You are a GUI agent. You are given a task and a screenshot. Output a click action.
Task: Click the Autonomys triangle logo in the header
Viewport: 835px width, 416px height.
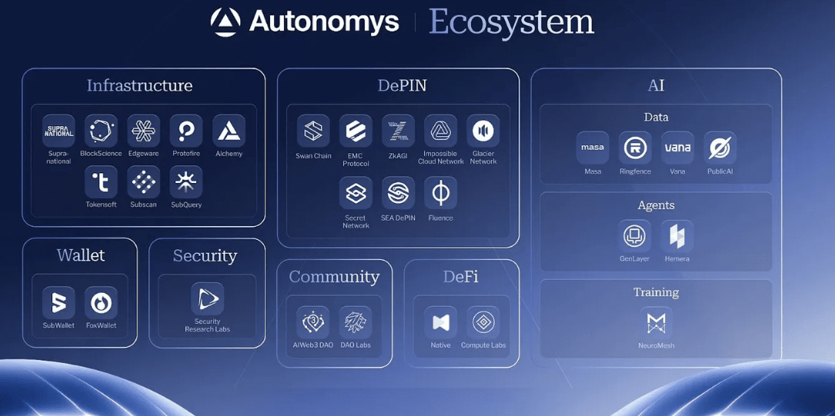click(x=225, y=22)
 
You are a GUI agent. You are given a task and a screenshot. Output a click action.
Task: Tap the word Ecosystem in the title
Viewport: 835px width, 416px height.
click(x=511, y=22)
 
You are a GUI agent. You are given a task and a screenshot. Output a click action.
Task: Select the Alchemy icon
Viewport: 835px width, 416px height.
click(x=229, y=131)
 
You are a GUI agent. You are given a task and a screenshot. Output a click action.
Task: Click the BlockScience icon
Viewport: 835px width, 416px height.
click(x=101, y=131)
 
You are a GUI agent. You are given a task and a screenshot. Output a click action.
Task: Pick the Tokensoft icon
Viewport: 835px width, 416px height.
click(x=101, y=182)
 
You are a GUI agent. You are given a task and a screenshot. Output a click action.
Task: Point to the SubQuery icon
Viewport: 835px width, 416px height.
click(x=186, y=182)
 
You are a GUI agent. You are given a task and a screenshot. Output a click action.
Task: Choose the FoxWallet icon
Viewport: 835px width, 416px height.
click(x=101, y=303)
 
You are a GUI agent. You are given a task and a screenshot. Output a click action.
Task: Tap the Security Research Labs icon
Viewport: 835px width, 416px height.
click(x=207, y=298)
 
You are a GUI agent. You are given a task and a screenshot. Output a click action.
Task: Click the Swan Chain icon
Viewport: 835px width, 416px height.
click(x=313, y=131)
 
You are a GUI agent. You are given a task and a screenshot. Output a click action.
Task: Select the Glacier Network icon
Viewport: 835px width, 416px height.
click(x=483, y=131)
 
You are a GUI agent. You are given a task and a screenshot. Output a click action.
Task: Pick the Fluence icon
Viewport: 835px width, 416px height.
click(x=440, y=193)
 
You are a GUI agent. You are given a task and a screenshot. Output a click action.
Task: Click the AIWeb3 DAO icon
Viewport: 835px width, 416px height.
click(x=313, y=322)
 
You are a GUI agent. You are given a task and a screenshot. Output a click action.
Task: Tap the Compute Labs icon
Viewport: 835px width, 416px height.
click(x=483, y=322)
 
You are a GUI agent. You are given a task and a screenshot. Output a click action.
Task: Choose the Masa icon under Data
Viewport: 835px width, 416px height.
click(x=593, y=148)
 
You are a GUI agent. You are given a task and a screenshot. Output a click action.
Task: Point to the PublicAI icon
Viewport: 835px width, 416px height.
click(x=720, y=148)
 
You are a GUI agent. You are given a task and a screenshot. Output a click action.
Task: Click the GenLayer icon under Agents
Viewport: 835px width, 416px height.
click(x=635, y=236)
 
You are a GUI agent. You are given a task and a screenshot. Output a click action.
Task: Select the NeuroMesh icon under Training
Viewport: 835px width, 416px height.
click(x=656, y=323)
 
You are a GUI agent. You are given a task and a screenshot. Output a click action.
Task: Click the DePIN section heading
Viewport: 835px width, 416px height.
click(x=402, y=85)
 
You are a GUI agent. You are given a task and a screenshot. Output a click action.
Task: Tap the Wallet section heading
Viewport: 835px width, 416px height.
click(x=81, y=255)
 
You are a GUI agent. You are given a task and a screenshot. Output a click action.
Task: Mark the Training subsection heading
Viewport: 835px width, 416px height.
click(x=656, y=292)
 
